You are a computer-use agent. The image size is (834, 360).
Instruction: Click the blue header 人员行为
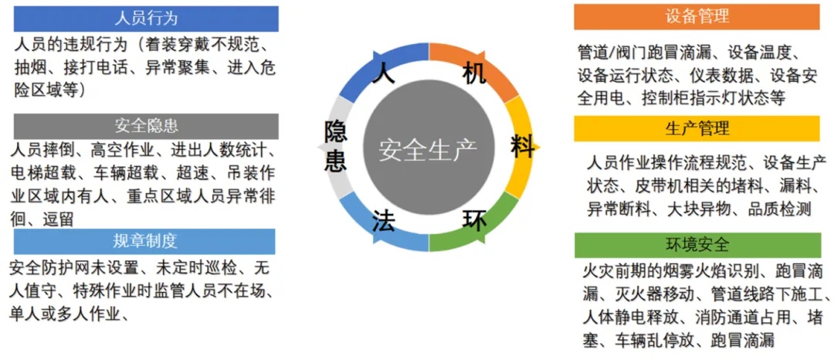click(x=146, y=18)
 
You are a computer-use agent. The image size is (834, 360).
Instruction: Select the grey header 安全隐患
click(x=146, y=126)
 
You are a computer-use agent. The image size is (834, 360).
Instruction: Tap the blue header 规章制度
click(x=144, y=241)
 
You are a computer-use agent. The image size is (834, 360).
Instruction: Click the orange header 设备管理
click(x=697, y=16)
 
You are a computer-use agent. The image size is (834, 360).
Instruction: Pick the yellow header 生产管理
click(x=697, y=128)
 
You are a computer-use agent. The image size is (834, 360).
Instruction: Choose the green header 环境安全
click(x=697, y=245)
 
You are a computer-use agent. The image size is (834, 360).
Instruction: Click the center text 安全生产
click(x=428, y=148)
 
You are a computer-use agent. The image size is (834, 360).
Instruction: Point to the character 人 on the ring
click(x=380, y=74)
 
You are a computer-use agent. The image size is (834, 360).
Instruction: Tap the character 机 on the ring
click(x=473, y=74)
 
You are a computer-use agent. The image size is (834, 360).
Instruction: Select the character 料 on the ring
click(x=524, y=146)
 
